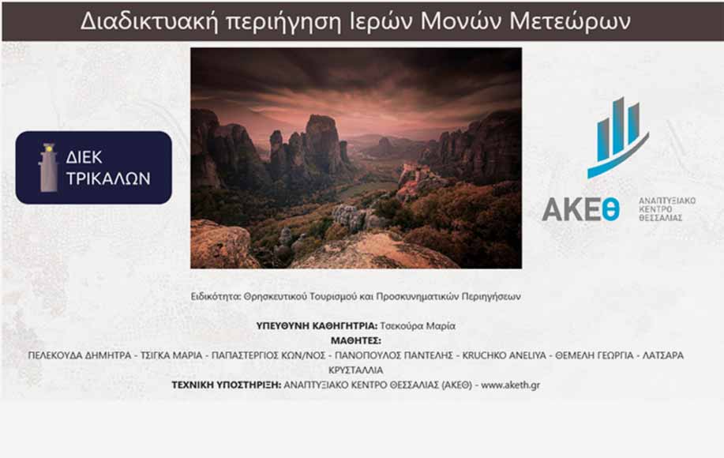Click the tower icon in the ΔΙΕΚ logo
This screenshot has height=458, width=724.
coord(48,167)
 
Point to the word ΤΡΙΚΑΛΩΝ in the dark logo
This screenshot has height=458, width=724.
coord(108,178)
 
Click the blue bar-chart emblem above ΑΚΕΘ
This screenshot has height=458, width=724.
coord(617,137)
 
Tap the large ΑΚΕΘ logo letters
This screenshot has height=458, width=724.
coord(581,209)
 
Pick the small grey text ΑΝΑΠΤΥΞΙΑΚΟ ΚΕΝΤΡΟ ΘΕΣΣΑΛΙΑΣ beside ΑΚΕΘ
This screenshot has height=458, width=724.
coord(666,209)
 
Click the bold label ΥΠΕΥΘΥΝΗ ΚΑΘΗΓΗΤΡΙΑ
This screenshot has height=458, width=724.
coord(317,326)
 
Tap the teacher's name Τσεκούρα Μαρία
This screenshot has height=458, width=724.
coord(418,326)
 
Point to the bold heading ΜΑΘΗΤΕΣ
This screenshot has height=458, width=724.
coord(355,340)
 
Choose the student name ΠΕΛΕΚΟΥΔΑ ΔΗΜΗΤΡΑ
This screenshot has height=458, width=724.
coord(80,355)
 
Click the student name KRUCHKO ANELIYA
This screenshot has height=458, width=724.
coord(505,355)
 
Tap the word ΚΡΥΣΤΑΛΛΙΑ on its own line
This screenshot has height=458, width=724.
coord(355,370)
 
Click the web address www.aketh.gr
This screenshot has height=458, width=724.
coord(510,385)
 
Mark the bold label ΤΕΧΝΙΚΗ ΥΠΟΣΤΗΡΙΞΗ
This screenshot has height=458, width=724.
coord(227,385)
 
